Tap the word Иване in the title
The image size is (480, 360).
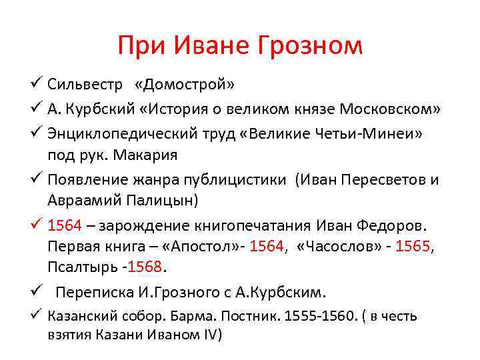coord(204,45)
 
